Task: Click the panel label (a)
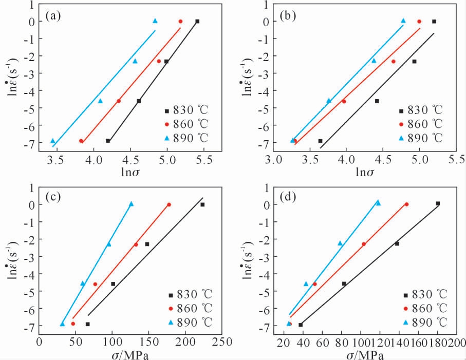pos(53,15)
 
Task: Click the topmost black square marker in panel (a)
pos(197,21)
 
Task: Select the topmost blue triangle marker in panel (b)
pos(403,21)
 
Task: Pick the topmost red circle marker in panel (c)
pos(169,204)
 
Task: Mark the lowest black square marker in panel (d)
pos(301,325)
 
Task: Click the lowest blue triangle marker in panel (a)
pos(52,140)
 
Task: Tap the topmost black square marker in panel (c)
pos(202,204)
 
